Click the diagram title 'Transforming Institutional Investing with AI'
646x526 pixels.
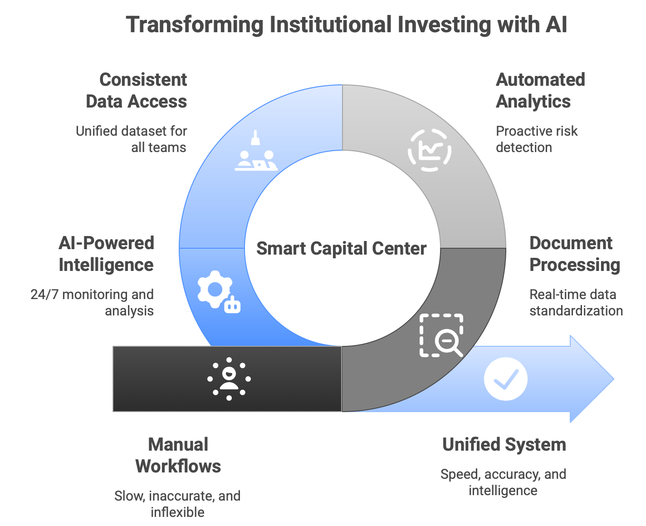click(x=346, y=25)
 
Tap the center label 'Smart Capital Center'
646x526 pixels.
click(x=341, y=249)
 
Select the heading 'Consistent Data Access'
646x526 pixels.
click(x=137, y=90)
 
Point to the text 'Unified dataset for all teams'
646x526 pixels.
click(x=132, y=139)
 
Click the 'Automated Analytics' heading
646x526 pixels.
click(x=540, y=90)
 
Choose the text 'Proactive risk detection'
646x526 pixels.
click(x=536, y=139)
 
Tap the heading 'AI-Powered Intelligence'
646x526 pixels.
click(x=106, y=254)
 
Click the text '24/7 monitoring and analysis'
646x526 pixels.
click(x=93, y=302)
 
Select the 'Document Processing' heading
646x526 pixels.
click(x=574, y=254)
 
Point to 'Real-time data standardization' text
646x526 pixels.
click(x=576, y=302)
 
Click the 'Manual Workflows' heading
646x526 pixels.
click(x=178, y=455)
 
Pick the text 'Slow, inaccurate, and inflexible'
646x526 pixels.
click(x=177, y=504)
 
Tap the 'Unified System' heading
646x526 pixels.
click(x=504, y=444)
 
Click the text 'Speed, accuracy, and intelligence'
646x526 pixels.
click(x=503, y=482)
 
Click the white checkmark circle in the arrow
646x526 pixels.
click(x=505, y=379)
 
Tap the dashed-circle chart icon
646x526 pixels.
click(x=429, y=150)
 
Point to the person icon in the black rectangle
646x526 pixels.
click(x=229, y=379)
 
